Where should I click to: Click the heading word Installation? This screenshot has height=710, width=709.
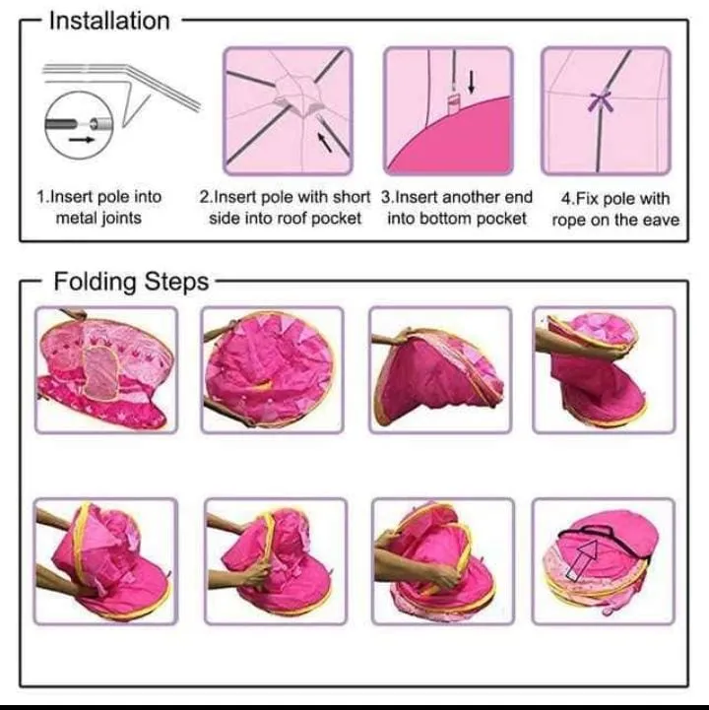click(109, 22)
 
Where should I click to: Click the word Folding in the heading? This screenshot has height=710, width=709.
click(95, 282)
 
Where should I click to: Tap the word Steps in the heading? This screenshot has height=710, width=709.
click(176, 282)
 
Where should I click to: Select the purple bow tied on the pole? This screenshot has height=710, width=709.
click(601, 101)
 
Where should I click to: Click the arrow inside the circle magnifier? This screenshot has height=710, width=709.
click(82, 140)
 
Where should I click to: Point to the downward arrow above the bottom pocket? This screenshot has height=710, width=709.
click(472, 82)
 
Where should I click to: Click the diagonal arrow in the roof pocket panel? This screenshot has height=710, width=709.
click(324, 141)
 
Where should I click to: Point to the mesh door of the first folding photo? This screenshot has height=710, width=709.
click(101, 371)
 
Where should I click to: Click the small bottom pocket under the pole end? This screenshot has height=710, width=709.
click(453, 104)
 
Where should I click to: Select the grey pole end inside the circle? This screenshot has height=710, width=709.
click(61, 124)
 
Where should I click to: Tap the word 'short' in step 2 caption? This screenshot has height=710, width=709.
click(352, 197)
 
